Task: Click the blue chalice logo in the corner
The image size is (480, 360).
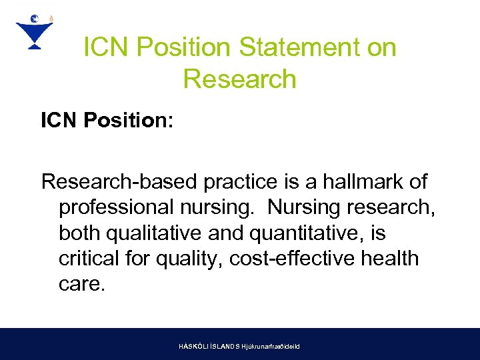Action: (34, 31)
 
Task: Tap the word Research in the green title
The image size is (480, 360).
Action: (239, 79)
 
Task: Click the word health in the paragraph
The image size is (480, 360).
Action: (394, 258)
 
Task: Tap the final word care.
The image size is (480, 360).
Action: (82, 284)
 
